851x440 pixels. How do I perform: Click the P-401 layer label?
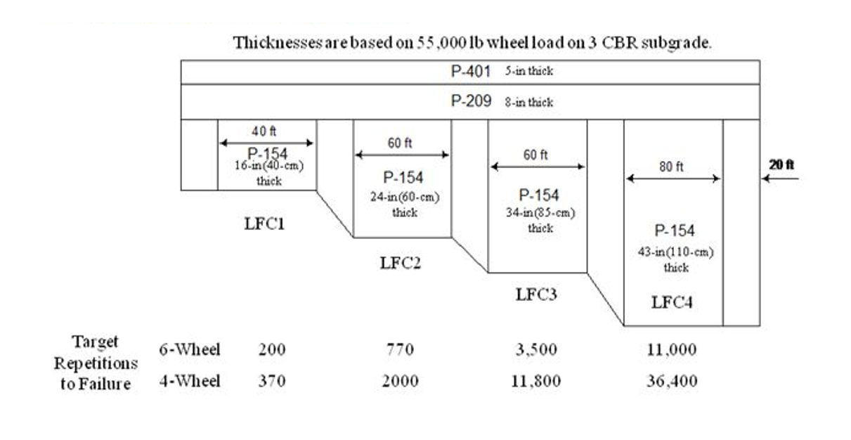click(x=471, y=71)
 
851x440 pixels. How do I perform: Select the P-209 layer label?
click(x=471, y=101)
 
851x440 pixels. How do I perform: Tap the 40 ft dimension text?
click(x=264, y=131)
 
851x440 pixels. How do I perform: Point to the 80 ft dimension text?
click(x=671, y=167)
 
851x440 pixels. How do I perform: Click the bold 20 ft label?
click(x=781, y=164)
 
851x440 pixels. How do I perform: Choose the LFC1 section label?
click(x=264, y=224)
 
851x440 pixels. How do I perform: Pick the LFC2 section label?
click(x=401, y=263)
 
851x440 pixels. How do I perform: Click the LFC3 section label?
click(x=536, y=294)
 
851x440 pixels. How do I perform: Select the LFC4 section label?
click(x=672, y=302)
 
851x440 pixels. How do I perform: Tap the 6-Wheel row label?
click(x=190, y=349)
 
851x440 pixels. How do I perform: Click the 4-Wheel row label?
click(x=190, y=381)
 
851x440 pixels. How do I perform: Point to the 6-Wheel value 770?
click(x=400, y=349)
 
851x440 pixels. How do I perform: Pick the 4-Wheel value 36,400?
click(x=672, y=381)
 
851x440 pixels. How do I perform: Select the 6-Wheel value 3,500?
click(x=536, y=349)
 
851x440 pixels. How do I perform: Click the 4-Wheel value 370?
click(x=272, y=381)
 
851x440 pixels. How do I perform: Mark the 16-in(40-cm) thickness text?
click(x=269, y=166)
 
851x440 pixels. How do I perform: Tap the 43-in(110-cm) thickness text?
click(x=675, y=252)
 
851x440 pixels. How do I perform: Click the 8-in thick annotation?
click(x=529, y=102)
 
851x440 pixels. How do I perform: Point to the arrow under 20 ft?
click(x=780, y=179)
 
